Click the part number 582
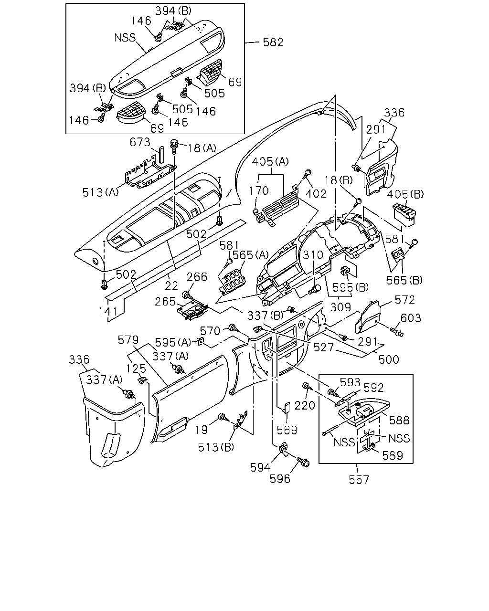[x=273, y=42]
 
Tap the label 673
[x=140, y=142]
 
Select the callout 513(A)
[x=100, y=192]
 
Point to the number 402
[x=316, y=194]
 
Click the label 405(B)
[x=405, y=194]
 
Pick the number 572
[x=404, y=300]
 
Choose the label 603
[x=411, y=318]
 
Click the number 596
[x=280, y=479]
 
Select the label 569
[x=287, y=430]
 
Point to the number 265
[x=165, y=302]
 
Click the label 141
[x=108, y=312]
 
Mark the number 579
[x=128, y=340]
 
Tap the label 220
[x=305, y=405]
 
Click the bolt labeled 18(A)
[x=174, y=147]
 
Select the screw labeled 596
[x=303, y=463]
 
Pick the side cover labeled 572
[x=369, y=316]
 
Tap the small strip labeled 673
[x=161, y=155]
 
